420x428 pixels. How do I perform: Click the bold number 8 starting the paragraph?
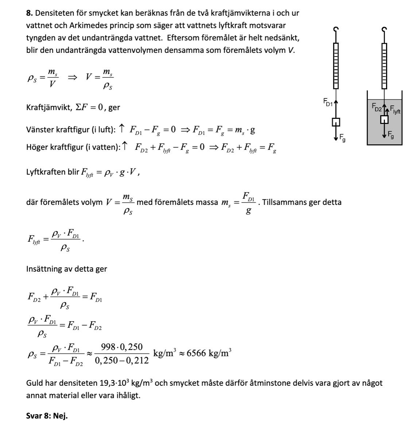(x=30, y=13)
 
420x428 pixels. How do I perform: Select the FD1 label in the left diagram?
(x=328, y=102)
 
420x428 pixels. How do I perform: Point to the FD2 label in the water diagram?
(x=377, y=106)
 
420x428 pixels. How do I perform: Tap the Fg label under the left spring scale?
(x=342, y=137)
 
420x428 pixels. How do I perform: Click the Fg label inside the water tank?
(x=390, y=135)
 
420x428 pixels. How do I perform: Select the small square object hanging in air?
(x=336, y=122)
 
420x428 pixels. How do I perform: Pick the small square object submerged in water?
(x=384, y=120)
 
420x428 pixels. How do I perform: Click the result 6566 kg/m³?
(x=209, y=353)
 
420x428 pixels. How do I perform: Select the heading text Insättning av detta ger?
(x=66, y=269)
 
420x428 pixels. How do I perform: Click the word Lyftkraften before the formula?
(x=46, y=172)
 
